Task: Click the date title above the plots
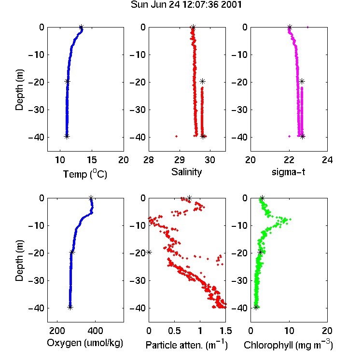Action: tap(186, 5)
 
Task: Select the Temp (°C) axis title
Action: tap(85, 174)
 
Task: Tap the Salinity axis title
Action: tap(186, 172)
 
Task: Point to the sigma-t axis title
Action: tap(288, 172)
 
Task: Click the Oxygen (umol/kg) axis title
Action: tap(85, 343)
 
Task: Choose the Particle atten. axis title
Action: tap(187, 345)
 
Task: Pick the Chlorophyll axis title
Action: tap(288, 345)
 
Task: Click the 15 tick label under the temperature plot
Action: tap(92, 160)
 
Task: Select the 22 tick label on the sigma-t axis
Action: tap(289, 160)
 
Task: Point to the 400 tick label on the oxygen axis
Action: tap(95, 331)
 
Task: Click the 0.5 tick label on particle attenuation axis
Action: tap(174, 331)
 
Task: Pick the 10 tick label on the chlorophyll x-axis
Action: tap(289, 331)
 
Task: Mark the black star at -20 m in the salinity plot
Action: tap(202, 81)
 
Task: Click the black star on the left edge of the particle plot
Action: tap(149, 252)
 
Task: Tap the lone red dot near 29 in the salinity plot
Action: tap(176, 136)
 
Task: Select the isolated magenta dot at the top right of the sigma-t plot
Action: tap(307, 27)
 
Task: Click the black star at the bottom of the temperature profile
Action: tap(67, 137)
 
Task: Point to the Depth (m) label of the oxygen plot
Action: tap(19, 261)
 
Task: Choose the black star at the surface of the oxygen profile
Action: tap(91, 198)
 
